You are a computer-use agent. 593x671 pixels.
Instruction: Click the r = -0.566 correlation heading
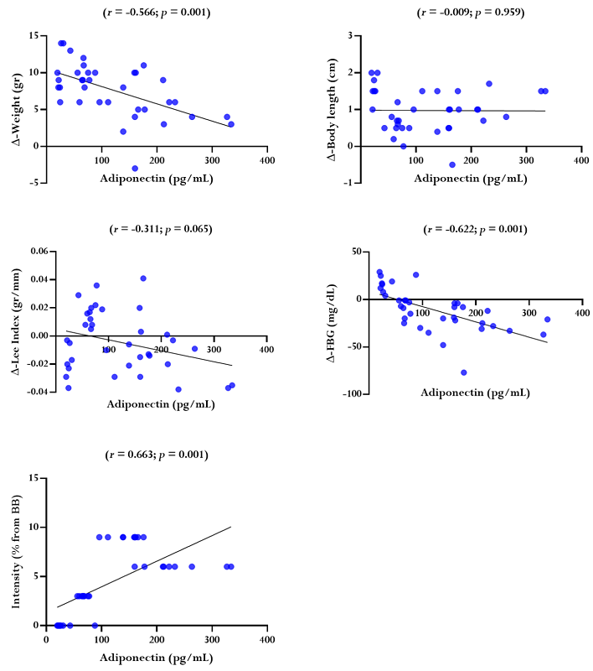point(157,13)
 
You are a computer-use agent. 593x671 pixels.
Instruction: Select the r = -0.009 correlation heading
point(471,13)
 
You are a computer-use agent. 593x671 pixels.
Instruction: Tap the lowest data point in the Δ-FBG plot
point(464,372)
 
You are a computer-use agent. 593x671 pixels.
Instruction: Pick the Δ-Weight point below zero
point(135,168)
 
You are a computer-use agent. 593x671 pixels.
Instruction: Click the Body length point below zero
point(452,164)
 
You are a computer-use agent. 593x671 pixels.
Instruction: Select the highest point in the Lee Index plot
point(143,278)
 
